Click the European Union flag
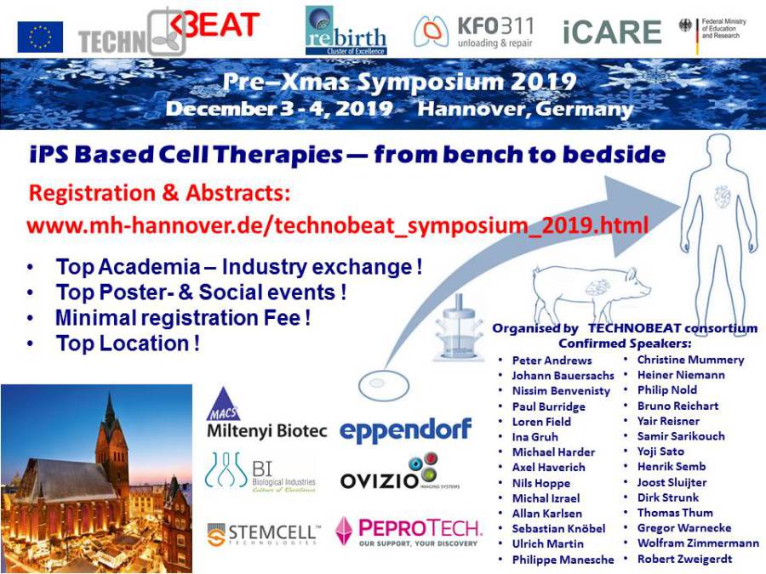tap(40, 37)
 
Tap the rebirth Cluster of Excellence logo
tap(346, 31)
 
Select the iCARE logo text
tap(612, 32)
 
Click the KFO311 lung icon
tap(432, 31)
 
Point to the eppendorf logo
tap(405, 430)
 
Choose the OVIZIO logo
tap(400, 473)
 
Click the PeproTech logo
tap(409, 531)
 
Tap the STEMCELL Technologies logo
tap(264, 535)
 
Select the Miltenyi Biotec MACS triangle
tap(224, 404)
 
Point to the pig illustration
tap(592, 290)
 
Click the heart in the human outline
tap(722, 196)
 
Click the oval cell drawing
tap(384, 384)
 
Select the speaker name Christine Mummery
tap(690, 360)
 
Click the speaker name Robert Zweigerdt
tap(684, 559)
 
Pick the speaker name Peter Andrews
tap(552, 361)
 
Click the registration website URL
tap(338, 225)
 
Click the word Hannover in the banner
tap(471, 108)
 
